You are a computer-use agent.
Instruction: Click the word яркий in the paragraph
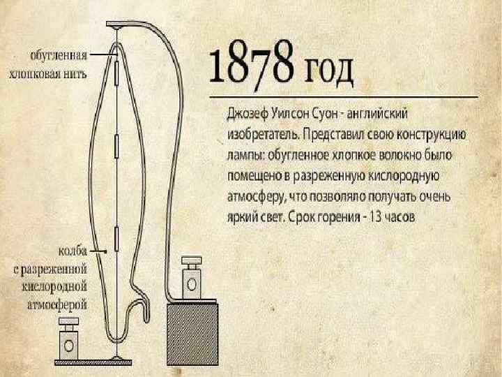pos(238,217)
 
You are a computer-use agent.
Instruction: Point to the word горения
pos(326,217)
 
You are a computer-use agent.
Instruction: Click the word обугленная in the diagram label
pos(59,55)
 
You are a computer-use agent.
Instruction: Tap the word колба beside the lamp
pos(71,250)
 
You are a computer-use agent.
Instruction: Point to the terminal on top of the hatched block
pos(190,279)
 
